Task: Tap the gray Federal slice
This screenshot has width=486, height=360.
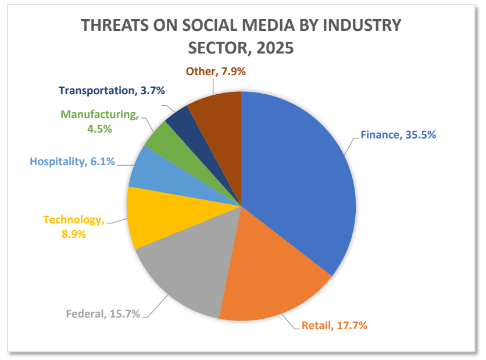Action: click(x=186, y=268)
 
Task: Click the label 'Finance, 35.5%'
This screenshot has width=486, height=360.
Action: click(x=398, y=135)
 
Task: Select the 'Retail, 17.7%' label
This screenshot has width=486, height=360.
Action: click(x=334, y=326)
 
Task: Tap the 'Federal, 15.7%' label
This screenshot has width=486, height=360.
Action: click(x=103, y=314)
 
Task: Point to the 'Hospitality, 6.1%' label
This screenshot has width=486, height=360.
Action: click(x=72, y=162)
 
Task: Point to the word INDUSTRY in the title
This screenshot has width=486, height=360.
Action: click(x=364, y=26)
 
